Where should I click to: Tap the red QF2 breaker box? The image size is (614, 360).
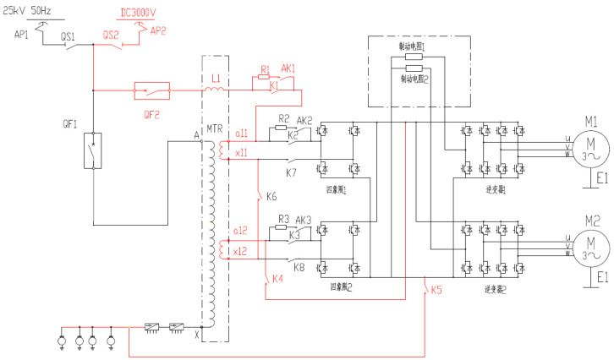click(151, 87)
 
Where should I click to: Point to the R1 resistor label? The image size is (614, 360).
click(265, 68)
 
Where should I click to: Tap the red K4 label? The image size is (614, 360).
click(278, 303)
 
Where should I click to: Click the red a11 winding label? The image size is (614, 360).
click(242, 133)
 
